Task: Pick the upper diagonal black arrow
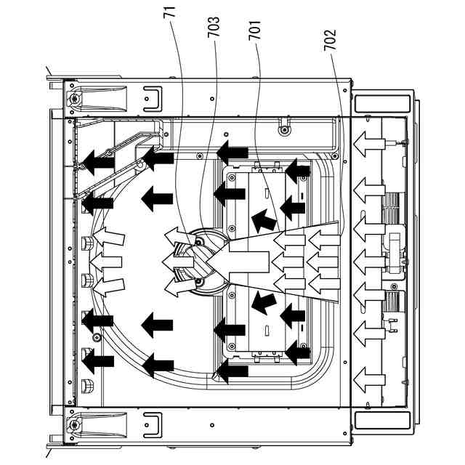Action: [x=263, y=218]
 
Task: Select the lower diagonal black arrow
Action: [x=263, y=299]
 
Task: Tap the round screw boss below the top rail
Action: [x=285, y=130]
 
